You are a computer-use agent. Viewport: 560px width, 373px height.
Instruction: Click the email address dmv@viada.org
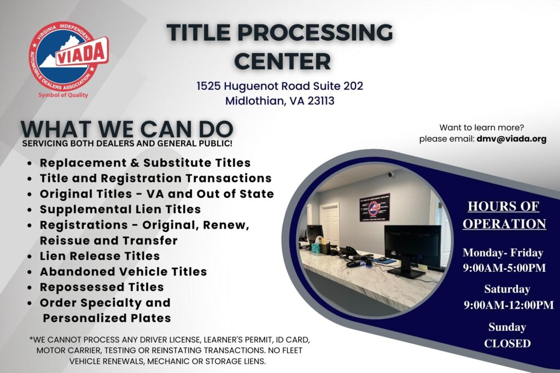pyautogui.click(x=511, y=139)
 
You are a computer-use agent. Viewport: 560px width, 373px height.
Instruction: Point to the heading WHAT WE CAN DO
pyautogui.click(x=127, y=129)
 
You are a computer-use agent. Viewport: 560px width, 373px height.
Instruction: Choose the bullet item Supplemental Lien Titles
pyautogui.click(x=120, y=209)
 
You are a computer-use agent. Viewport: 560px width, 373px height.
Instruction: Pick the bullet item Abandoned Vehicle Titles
pyautogui.click(x=123, y=271)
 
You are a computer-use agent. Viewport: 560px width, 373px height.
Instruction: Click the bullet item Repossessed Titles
pyautogui.click(x=102, y=287)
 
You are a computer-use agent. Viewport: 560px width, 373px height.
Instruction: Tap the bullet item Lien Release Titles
pyautogui.click(x=100, y=255)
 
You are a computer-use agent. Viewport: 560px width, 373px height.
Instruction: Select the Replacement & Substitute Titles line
pyautogui.click(x=145, y=162)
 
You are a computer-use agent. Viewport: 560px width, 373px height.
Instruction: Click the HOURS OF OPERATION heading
pyautogui.click(x=503, y=215)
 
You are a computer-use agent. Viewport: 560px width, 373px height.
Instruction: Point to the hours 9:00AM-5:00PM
pyautogui.click(x=503, y=268)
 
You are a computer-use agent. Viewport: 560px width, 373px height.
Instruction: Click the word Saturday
pyautogui.click(x=507, y=289)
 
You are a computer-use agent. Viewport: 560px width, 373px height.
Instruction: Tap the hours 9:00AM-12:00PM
pyautogui.click(x=509, y=305)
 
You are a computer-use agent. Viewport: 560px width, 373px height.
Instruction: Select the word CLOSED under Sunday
pyautogui.click(x=507, y=343)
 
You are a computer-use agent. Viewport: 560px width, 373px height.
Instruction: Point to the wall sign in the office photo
pyautogui.click(x=375, y=206)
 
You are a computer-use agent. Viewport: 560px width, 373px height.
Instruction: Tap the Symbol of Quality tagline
pyautogui.click(x=63, y=95)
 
